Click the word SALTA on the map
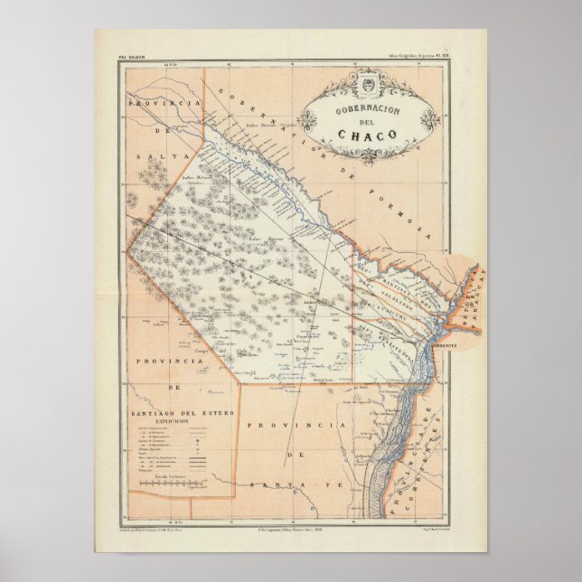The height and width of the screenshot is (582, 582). click(x=146, y=156)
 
